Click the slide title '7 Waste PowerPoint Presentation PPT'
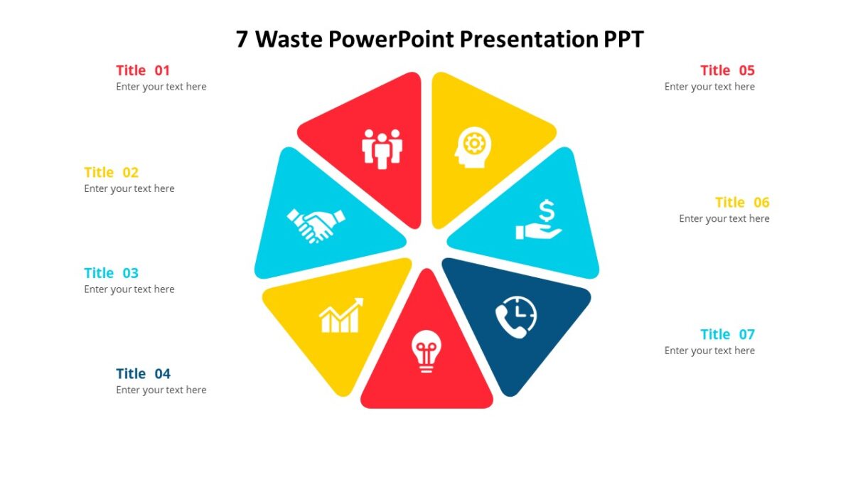(439, 39)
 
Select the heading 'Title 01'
(143, 70)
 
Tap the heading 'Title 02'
(111, 172)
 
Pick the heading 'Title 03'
(111, 273)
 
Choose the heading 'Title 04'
(143, 374)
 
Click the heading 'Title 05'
(727, 70)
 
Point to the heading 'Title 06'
(742, 203)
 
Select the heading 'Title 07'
(727, 334)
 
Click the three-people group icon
(382, 148)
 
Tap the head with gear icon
(473, 147)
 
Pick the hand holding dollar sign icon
(540, 220)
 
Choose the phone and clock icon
(516, 316)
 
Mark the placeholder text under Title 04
(161, 390)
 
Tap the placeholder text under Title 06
(724, 219)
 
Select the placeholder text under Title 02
(129, 189)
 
